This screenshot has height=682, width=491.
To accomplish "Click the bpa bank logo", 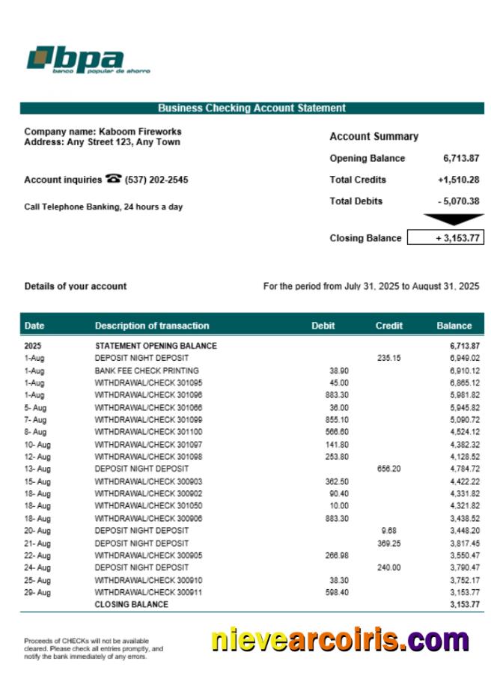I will point(88,60).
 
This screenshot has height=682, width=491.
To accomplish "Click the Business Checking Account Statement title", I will point(251,109).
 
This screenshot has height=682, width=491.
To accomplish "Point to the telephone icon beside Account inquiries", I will point(114,179).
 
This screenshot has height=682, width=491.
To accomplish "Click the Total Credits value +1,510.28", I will point(458,180).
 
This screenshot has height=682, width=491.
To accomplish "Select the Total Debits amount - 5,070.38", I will point(459,201).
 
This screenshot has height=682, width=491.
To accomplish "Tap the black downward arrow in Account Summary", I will point(454,219).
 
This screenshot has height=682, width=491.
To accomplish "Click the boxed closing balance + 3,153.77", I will point(445,238).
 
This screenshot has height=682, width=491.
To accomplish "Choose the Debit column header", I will point(323,326).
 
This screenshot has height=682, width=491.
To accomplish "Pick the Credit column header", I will point(389,326).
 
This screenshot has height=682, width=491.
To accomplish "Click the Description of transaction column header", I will point(152,326).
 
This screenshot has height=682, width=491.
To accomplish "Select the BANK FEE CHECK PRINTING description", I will point(147,371).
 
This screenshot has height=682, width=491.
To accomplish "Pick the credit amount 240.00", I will point(390,568).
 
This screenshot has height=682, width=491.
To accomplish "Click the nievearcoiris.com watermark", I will point(340,641).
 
